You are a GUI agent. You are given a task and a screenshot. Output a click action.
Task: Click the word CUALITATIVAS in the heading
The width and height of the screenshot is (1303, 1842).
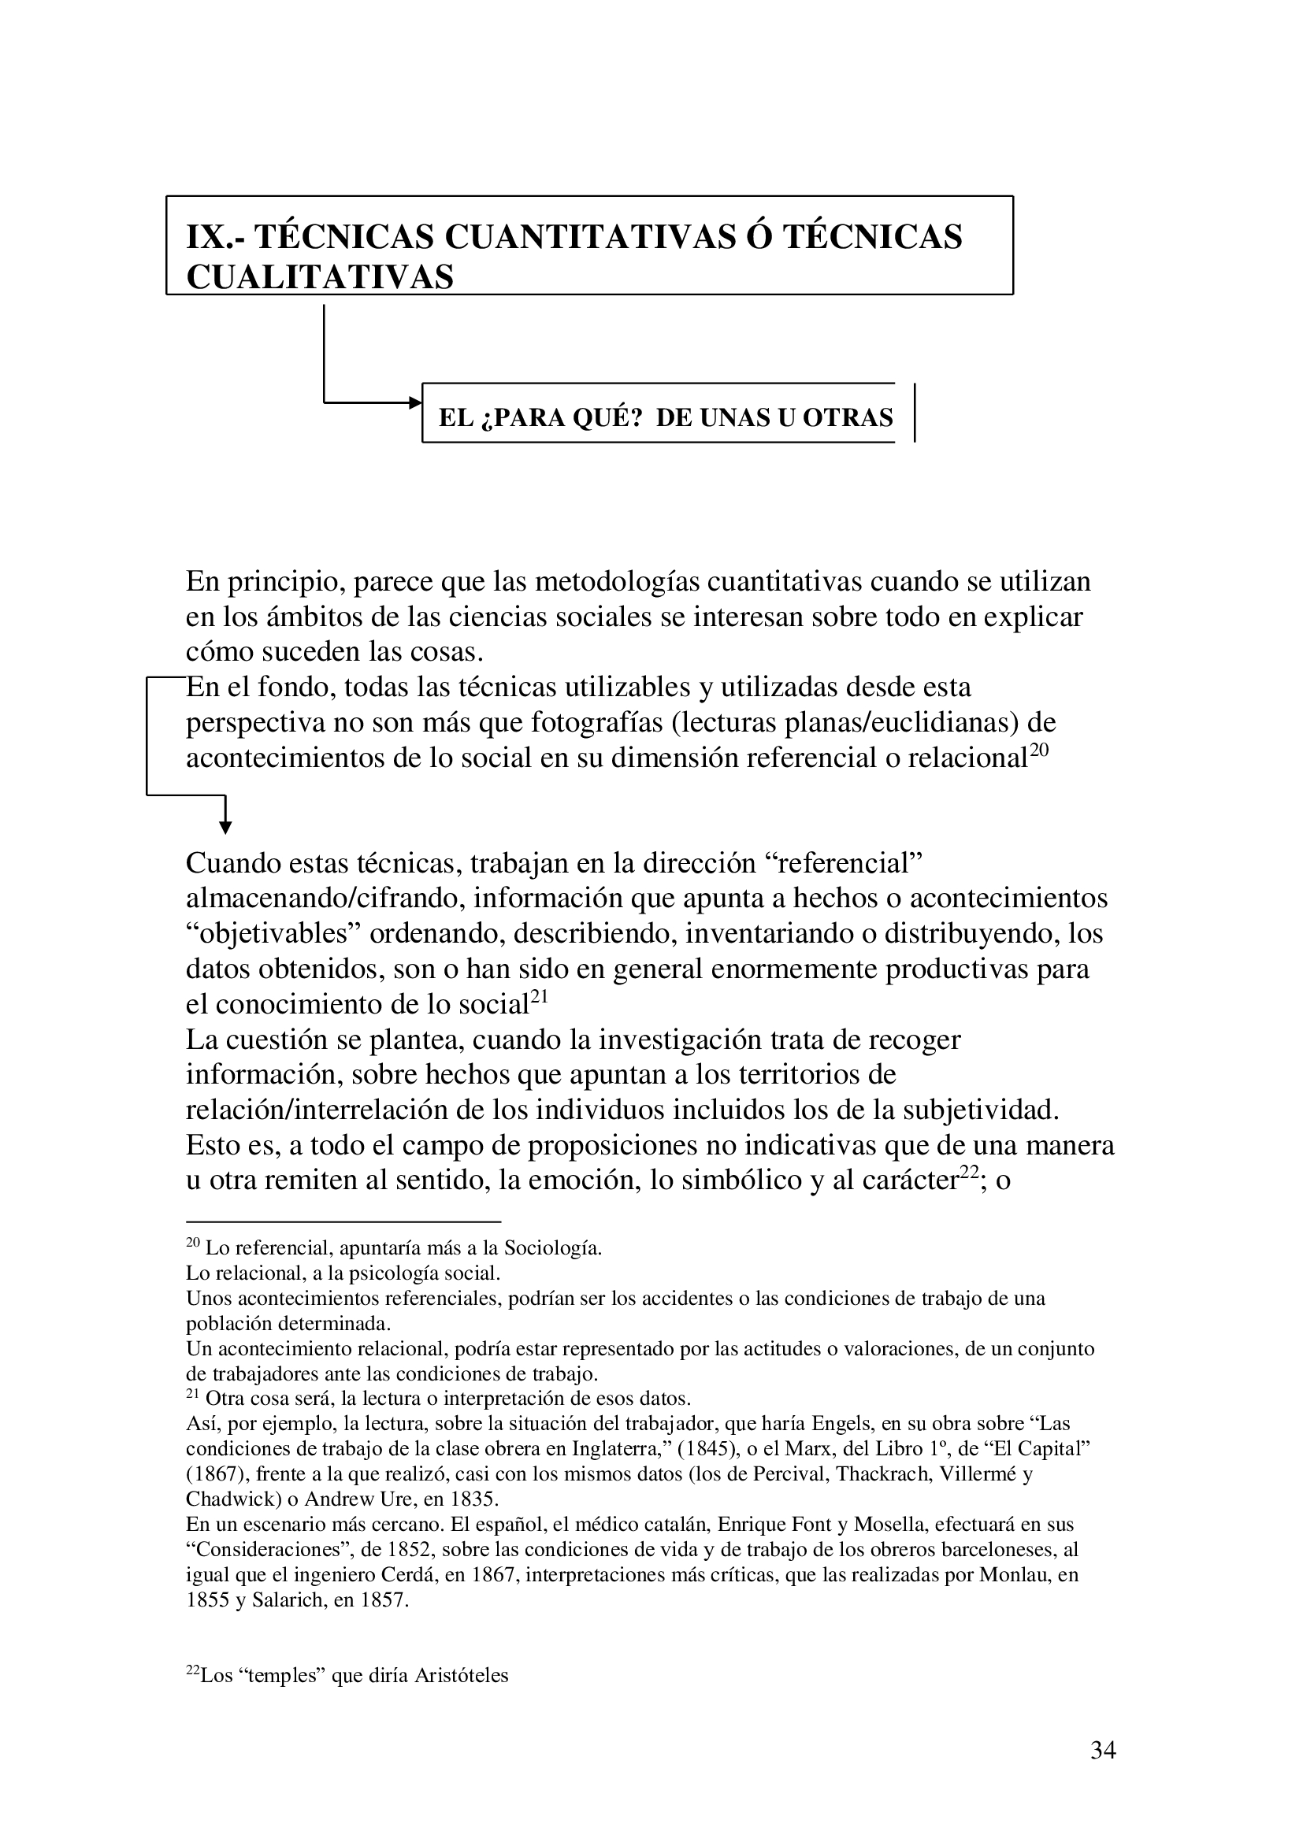[320, 277]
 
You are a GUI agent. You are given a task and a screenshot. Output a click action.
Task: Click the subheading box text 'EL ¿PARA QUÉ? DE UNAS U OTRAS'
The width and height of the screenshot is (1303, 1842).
[665, 417]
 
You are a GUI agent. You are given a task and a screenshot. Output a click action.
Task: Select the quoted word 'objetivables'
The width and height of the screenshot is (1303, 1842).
[273, 934]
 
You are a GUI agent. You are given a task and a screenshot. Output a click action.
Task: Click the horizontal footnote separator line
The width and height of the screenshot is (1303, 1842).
[343, 1222]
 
